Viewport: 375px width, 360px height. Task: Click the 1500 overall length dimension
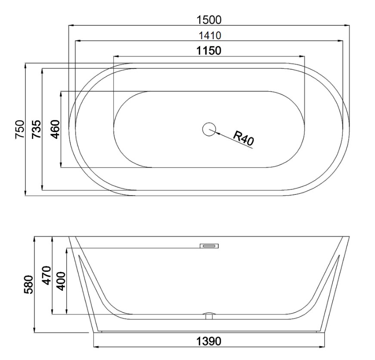pos(209,20)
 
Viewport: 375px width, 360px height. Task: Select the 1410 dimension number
pos(210,36)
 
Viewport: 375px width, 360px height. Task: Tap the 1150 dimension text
pos(209,51)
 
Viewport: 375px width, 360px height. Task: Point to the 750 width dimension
pos(20,129)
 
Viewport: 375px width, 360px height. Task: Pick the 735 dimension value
pos(36,129)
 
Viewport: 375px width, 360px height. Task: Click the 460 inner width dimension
pos(56,129)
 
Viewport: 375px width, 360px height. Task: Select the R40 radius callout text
pos(243,138)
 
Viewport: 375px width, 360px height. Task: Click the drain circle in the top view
pos(209,129)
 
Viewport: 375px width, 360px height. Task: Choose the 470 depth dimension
pos(46,275)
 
